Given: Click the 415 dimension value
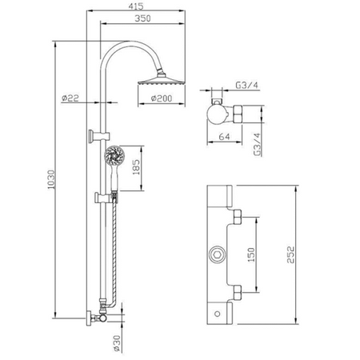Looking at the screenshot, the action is pos(136,6).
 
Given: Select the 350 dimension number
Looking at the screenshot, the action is pos(142,18).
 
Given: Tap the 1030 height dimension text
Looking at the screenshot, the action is pos(51,180).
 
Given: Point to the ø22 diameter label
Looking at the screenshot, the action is pos(70,98).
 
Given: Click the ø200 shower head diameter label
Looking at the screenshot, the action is pos(162,98).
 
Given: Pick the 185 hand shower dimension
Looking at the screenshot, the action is pos(136,167).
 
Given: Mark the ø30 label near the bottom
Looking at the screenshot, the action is pos(117,343).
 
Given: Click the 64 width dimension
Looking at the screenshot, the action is pos(224,137).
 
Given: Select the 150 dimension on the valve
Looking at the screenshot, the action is pos(251,254).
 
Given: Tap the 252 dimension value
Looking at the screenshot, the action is pos(290,254).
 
